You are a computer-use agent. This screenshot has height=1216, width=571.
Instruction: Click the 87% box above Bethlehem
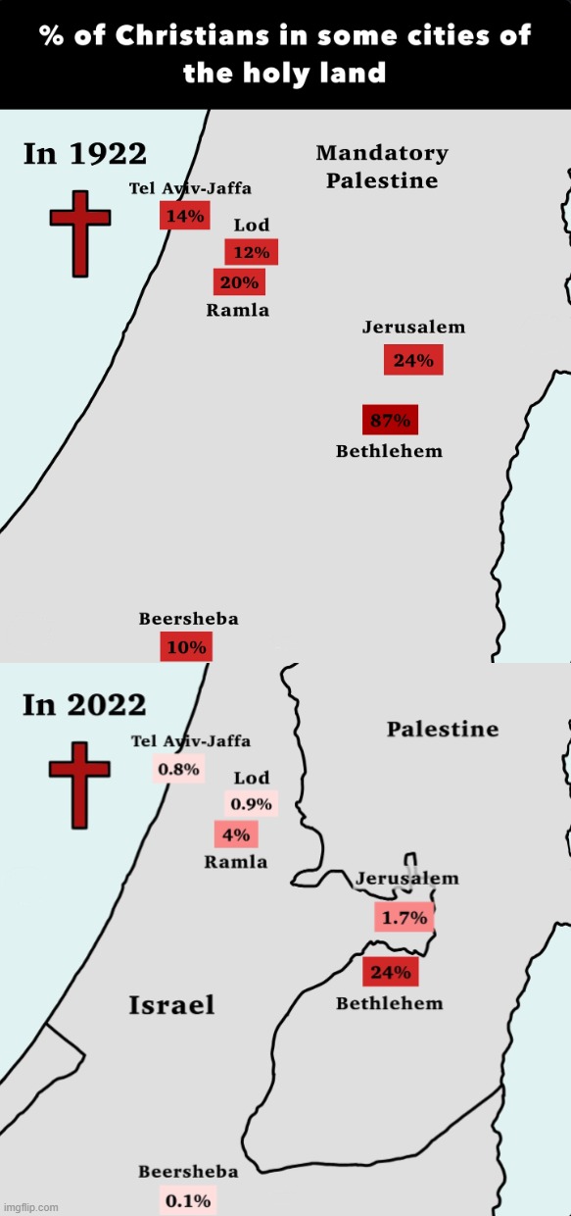coord(390,420)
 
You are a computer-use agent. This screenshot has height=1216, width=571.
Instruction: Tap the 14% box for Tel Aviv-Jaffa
coord(184,216)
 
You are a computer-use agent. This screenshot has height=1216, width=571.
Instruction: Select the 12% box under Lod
coord(251,252)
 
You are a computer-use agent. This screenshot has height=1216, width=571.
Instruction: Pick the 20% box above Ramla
coord(239,282)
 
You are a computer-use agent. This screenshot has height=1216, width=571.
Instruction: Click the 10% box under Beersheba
coord(186,646)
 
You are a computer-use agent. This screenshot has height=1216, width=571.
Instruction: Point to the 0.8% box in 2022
coord(178,769)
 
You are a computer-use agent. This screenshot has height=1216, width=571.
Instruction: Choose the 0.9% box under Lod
coord(252,804)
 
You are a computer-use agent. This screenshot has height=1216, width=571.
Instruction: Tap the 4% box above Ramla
coord(236,835)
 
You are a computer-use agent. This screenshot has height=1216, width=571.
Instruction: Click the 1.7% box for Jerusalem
coord(404,918)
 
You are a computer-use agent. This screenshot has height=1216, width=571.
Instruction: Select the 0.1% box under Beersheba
coord(186,1199)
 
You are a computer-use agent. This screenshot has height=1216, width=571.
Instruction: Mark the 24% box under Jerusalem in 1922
coord(413,360)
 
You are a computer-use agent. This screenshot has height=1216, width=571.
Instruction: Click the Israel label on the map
coord(171,1004)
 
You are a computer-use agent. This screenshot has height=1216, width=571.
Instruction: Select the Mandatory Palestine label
coord(382,167)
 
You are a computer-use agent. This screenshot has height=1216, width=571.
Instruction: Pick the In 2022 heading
coord(84,704)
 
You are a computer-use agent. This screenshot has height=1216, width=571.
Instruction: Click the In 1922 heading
coord(84,154)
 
